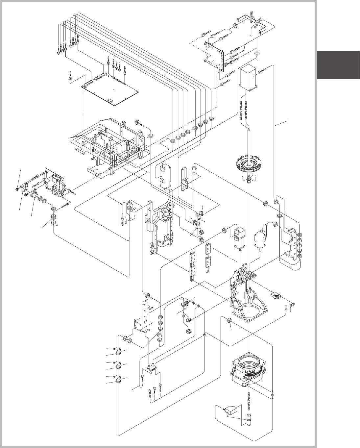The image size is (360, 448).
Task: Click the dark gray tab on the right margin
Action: (338, 65)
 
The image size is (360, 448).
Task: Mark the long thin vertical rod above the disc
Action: (249, 141)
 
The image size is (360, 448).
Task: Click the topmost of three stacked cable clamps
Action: (119, 352)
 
